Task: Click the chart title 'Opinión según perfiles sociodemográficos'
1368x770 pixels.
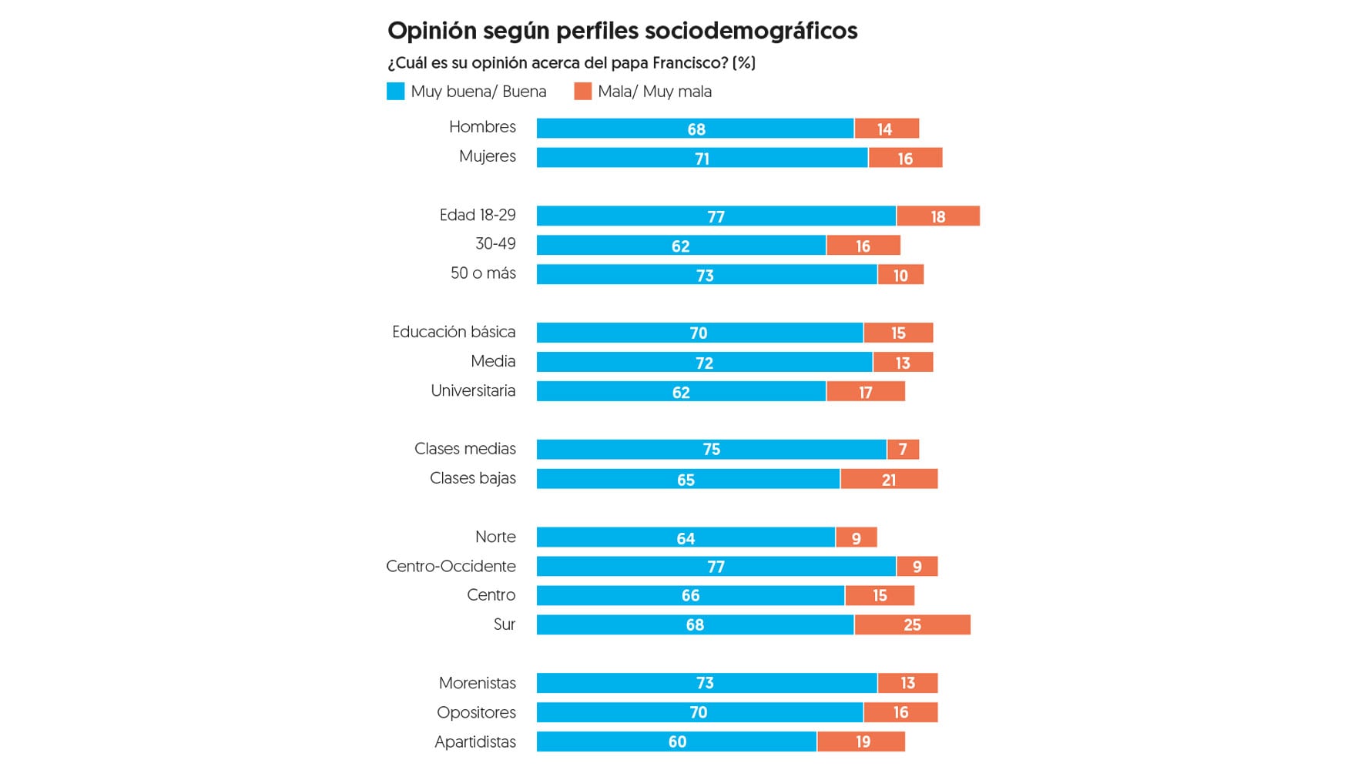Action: coord(622,31)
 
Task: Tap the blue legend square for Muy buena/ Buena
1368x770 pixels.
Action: coord(395,92)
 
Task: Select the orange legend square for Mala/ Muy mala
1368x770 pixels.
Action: coord(582,92)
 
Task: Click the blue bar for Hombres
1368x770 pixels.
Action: coord(695,129)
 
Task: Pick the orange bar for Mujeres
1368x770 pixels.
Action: coord(905,158)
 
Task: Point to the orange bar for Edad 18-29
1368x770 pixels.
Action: coord(937,216)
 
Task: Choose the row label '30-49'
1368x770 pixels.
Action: coord(495,244)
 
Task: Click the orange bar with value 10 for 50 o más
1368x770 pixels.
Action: coord(900,275)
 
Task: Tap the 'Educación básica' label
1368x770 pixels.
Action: coord(454,332)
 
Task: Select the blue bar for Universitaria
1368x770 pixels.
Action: coord(681,392)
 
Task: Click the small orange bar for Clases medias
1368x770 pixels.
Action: coord(903,449)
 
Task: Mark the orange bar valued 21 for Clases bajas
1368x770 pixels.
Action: coord(889,479)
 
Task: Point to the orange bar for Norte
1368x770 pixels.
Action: coord(856,537)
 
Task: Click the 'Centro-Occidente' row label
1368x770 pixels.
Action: coord(451,567)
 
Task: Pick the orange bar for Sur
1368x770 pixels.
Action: coord(912,624)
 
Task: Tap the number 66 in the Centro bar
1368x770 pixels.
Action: coord(690,596)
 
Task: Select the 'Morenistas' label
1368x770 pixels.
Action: coord(477,683)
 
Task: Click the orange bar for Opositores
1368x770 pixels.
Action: coord(900,712)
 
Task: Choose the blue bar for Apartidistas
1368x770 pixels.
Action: coord(676,742)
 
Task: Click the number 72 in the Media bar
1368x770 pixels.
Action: coord(704,363)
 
